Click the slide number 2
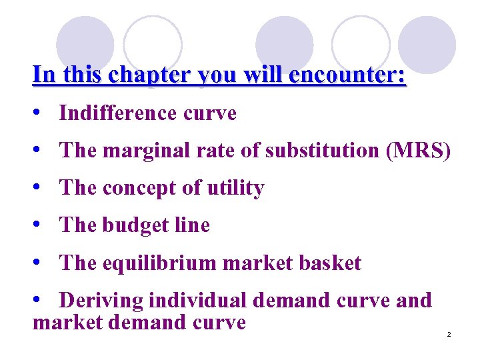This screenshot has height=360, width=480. [x=449, y=334]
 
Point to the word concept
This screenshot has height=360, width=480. [x=138, y=188]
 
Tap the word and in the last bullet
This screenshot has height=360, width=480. [x=414, y=301]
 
